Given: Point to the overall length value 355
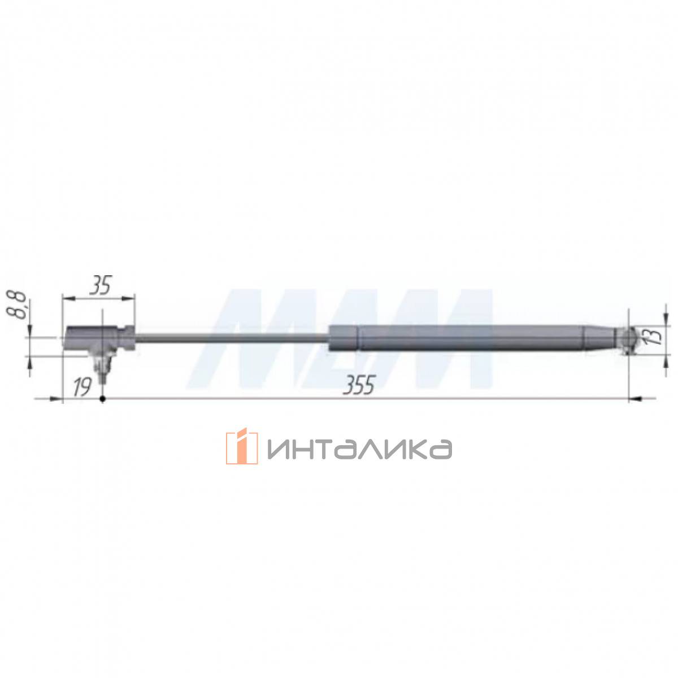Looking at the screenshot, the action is click(x=358, y=385).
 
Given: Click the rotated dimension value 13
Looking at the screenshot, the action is click(x=654, y=337).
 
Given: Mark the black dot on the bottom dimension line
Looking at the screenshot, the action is click(x=103, y=399).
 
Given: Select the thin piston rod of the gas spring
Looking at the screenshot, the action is click(x=231, y=338).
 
